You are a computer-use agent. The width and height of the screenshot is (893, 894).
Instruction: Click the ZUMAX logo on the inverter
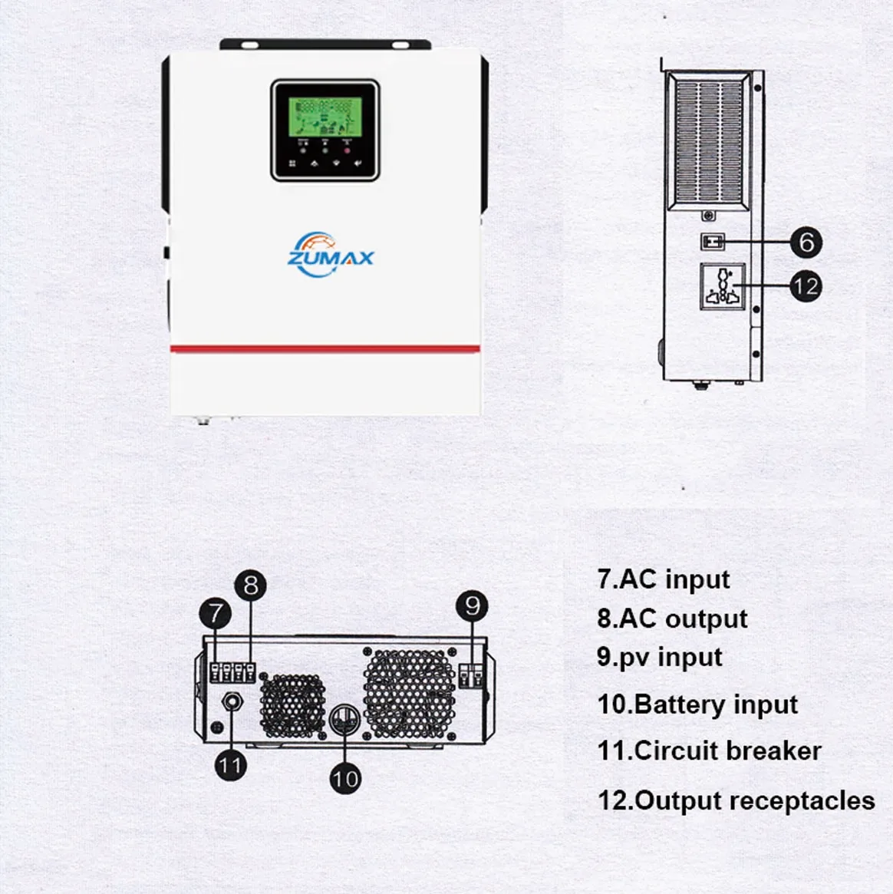click(330, 252)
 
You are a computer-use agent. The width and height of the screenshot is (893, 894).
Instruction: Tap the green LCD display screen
click(325, 117)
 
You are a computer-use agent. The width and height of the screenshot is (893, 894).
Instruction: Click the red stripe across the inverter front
click(325, 349)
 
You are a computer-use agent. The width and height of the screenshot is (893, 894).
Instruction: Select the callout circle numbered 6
click(806, 242)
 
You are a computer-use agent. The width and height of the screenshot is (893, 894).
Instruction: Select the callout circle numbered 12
click(806, 287)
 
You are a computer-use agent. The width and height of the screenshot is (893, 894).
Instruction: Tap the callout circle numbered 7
click(216, 613)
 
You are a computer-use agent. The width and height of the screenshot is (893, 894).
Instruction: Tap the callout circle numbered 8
click(251, 586)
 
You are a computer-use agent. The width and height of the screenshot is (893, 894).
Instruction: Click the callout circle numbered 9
click(473, 605)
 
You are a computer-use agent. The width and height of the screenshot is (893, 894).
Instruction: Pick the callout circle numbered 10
click(345, 778)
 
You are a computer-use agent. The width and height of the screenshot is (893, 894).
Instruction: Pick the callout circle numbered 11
click(230, 765)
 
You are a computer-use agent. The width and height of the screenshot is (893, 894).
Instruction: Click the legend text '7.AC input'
click(664, 579)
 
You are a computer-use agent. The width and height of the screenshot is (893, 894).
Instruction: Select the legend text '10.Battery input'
click(697, 704)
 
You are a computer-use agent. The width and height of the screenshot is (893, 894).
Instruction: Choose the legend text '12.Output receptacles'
click(736, 800)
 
